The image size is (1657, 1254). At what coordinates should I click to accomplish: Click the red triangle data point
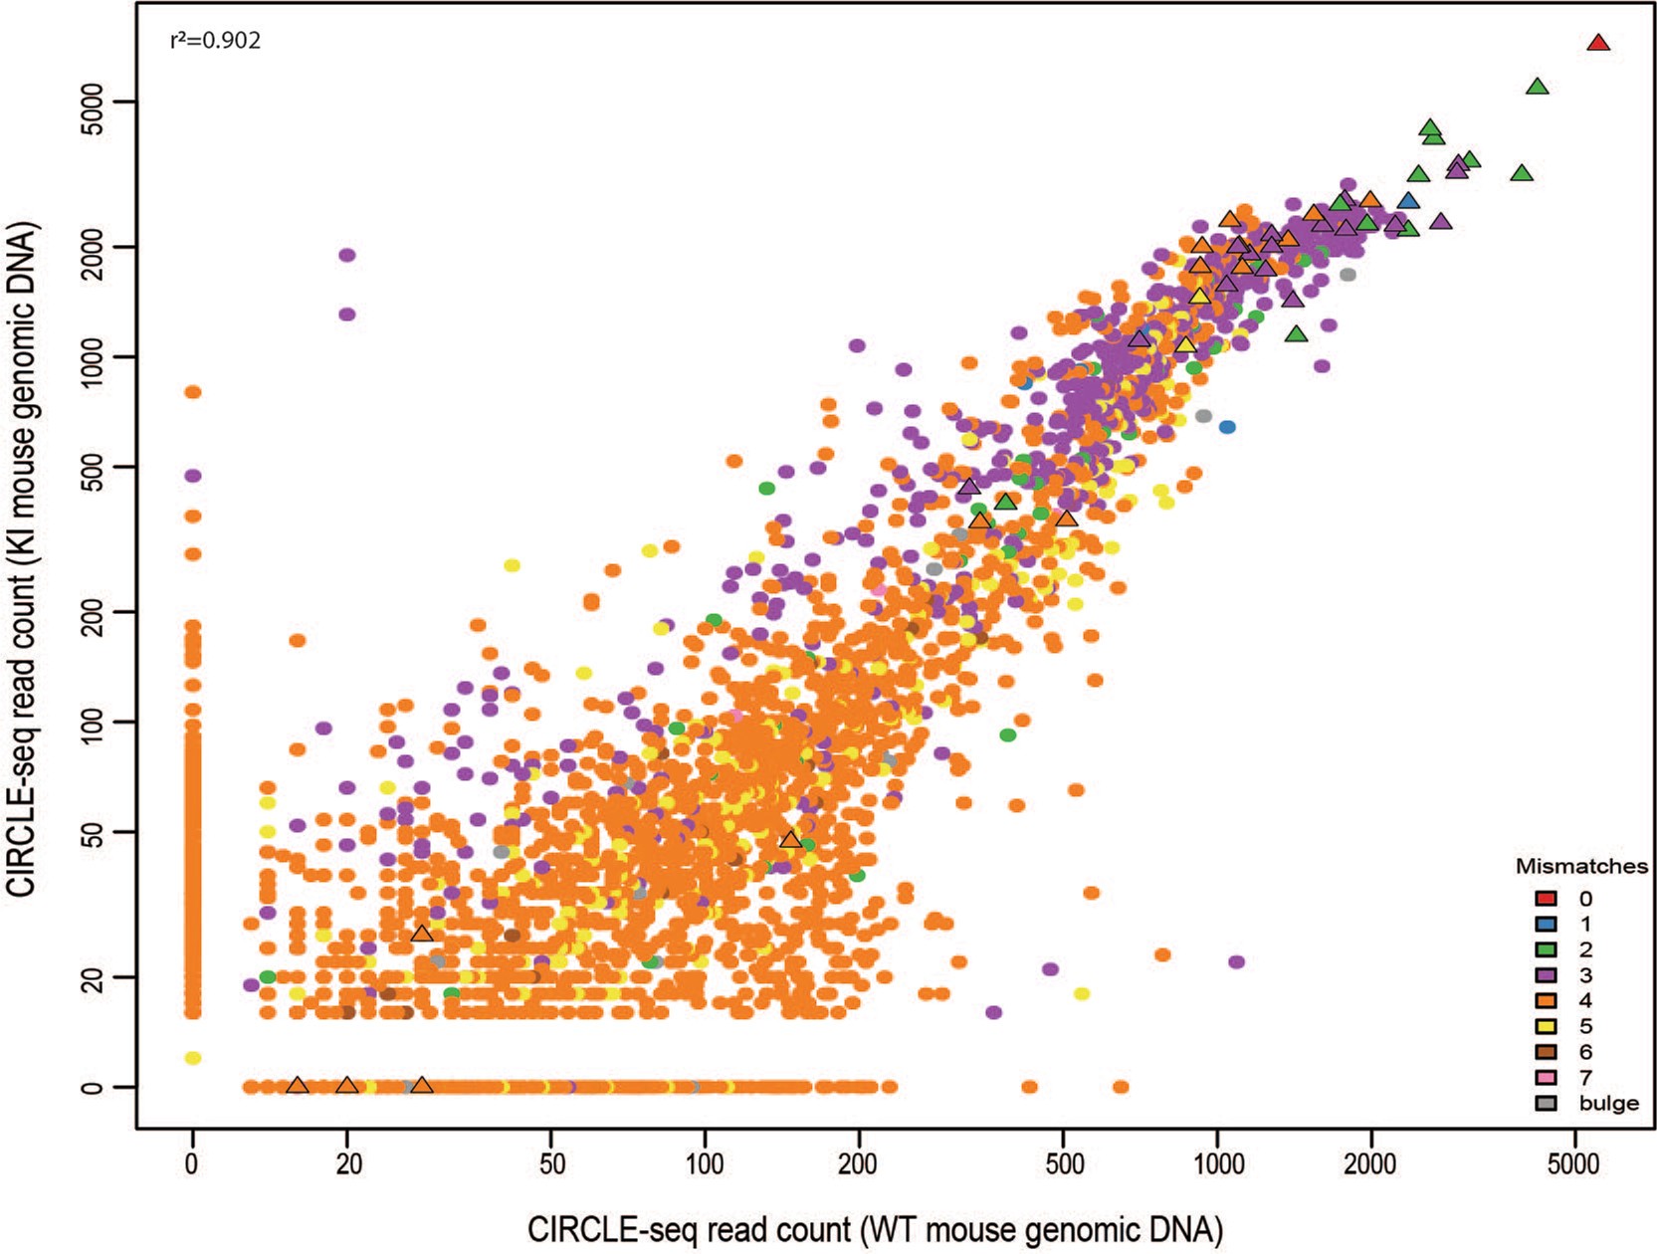1598,43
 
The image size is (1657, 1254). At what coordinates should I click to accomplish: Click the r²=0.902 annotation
215,41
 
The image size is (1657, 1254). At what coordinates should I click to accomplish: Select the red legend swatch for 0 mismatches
1547,900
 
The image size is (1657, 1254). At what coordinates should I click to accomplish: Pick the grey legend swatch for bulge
1547,1103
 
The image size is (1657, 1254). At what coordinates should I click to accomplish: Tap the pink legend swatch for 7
1547,1078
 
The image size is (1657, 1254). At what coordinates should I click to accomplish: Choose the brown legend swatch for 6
1547,1052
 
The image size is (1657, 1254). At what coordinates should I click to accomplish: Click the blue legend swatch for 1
1547,925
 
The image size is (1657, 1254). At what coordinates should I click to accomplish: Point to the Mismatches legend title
1580,866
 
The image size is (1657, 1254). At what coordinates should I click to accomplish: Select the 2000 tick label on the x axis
1370,1163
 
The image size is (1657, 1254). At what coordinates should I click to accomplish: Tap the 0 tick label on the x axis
192,1163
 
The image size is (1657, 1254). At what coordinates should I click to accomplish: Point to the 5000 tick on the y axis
100,103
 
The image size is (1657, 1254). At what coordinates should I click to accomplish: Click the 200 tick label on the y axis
100,610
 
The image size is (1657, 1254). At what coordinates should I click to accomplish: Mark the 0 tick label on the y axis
100,1087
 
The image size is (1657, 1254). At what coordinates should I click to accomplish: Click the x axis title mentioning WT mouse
875,1229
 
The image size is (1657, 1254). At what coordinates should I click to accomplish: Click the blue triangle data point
1408,202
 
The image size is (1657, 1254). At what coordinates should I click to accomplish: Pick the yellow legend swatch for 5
1547,1027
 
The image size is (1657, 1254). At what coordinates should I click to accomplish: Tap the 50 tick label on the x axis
551,1163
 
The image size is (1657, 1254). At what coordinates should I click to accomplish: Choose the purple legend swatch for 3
1547,975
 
